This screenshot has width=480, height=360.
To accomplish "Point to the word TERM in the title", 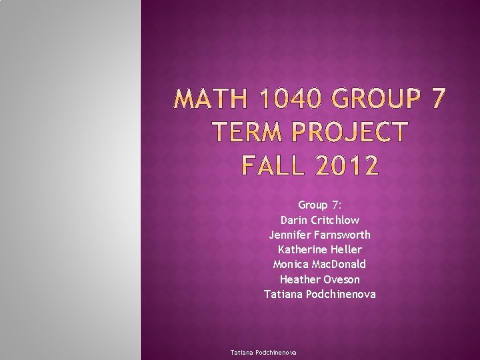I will pyautogui.click(x=243, y=133).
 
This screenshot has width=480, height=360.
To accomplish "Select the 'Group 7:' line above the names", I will pyautogui.click(x=320, y=205).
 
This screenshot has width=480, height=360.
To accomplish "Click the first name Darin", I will pyautogui.click(x=295, y=220).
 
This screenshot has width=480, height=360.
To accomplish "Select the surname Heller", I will pyautogui.click(x=346, y=249).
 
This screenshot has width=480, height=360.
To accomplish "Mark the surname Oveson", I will pyautogui.click(x=342, y=279).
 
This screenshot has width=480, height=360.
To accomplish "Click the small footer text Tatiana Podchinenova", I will pyautogui.click(x=263, y=352).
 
